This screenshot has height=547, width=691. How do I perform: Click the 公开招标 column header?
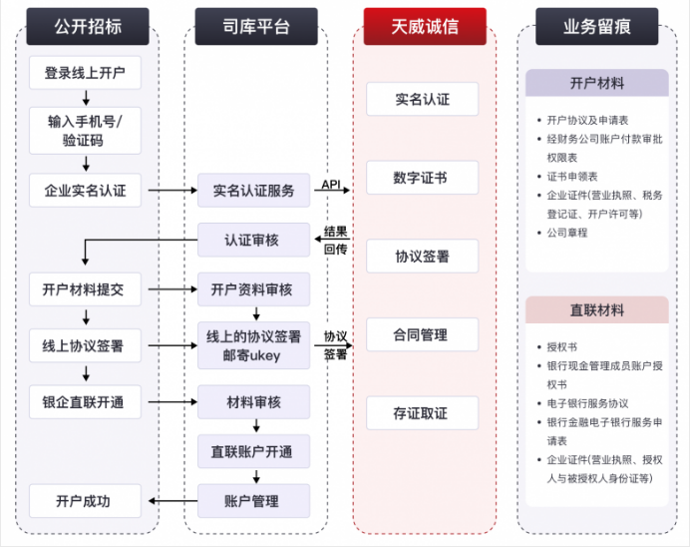point(88,27)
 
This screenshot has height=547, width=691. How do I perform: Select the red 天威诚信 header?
point(425,27)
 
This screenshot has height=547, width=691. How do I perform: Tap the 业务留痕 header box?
point(596,27)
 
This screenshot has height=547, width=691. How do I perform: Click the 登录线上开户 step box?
point(85,72)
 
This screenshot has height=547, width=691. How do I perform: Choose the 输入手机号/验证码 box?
point(85,131)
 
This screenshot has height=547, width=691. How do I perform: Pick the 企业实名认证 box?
point(85,191)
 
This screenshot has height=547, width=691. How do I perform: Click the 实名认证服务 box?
point(253,191)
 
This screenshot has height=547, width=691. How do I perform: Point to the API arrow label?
point(331,184)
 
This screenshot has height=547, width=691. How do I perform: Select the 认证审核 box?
point(253,240)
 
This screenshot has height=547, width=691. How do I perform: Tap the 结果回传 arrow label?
point(335,240)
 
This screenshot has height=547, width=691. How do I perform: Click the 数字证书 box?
point(422,178)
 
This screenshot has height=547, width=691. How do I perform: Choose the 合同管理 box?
point(422,334)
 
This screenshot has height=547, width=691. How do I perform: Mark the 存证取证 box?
point(422,413)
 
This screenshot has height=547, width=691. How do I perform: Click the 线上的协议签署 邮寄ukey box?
point(253,345)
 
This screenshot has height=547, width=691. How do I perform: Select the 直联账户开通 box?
point(253,452)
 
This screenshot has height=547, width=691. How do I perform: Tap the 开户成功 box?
point(85,501)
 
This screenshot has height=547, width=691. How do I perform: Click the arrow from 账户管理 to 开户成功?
point(173,501)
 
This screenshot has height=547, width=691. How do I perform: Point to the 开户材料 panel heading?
point(597,83)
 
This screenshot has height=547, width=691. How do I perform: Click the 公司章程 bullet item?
point(567,233)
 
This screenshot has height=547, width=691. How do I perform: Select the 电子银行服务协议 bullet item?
point(587,403)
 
